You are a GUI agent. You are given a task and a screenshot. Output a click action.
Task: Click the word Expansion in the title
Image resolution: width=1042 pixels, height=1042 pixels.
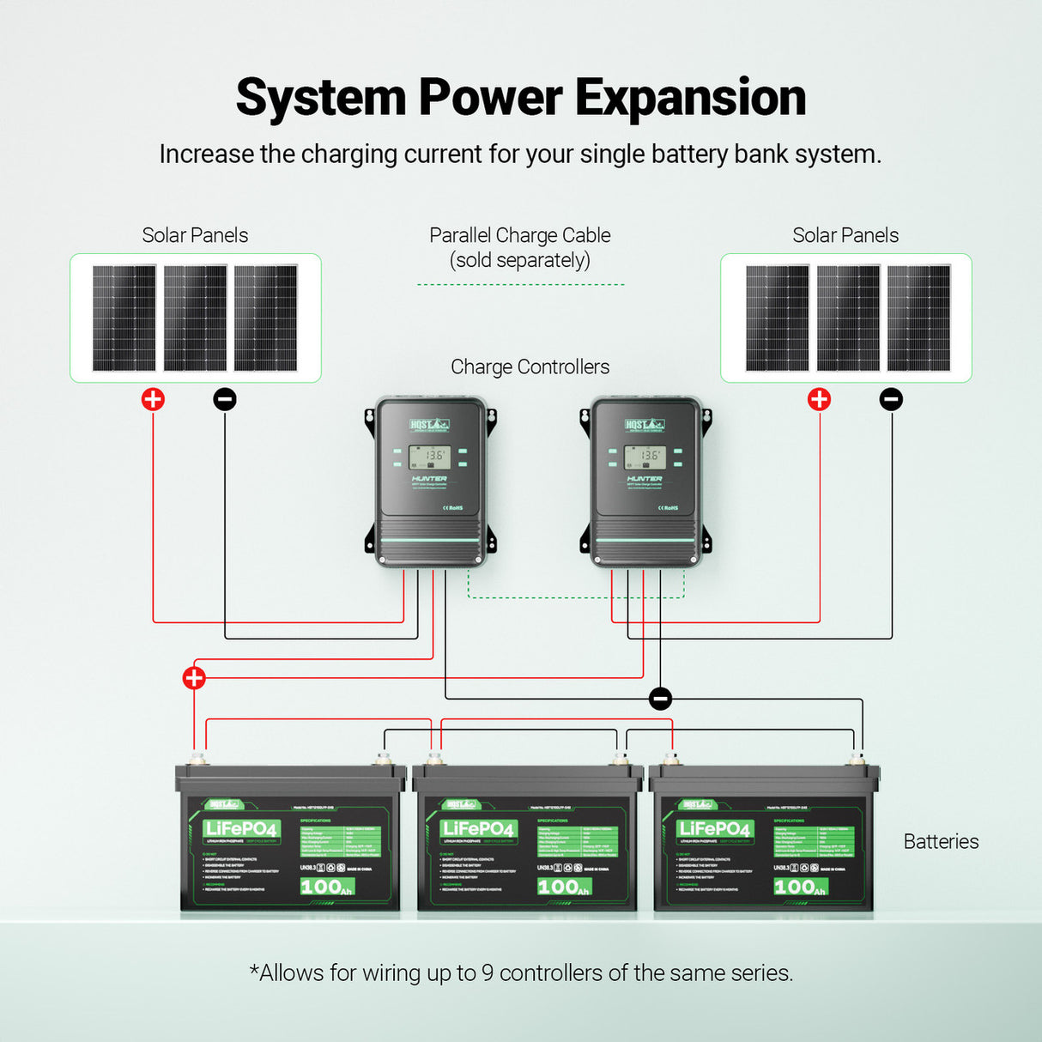click(x=690, y=98)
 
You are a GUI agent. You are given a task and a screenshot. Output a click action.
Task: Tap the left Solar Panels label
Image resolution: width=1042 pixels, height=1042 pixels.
click(x=195, y=235)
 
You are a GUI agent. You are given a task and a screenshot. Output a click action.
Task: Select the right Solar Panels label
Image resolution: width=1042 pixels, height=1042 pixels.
click(x=845, y=235)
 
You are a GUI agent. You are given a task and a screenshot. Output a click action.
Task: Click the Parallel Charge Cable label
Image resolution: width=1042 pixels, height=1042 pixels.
click(x=520, y=247)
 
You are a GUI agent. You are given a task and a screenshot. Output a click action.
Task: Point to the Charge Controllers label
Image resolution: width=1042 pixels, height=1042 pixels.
click(x=530, y=367)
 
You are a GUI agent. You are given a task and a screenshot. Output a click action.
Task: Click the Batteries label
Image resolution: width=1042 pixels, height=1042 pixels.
click(x=941, y=842)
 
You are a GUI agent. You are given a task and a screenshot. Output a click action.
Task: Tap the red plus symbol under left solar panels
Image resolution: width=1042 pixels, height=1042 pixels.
click(x=153, y=399)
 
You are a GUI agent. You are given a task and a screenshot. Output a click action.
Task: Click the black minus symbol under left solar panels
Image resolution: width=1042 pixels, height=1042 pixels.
click(x=225, y=399)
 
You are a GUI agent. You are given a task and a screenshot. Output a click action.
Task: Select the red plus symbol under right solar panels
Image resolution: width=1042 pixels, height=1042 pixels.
click(x=820, y=399)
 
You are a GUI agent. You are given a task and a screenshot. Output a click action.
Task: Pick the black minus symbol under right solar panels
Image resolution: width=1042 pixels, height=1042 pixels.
click(x=892, y=399)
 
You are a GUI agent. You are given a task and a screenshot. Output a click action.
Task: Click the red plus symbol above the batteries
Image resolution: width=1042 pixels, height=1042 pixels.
click(x=194, y=678)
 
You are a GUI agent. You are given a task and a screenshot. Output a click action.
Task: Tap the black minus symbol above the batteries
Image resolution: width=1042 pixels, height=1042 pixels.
click(x=660, y=699)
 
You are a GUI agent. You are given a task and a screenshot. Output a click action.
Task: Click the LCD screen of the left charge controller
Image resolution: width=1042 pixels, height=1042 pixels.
click(x=428, y=457)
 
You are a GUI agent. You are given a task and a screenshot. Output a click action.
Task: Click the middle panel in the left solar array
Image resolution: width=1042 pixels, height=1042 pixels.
click(x=196, y=318)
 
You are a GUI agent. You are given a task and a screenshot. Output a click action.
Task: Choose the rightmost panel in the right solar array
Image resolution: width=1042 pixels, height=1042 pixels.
click(x=919, y=318)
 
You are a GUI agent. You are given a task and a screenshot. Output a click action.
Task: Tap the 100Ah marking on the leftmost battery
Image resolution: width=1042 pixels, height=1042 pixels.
click(x=326, y=887)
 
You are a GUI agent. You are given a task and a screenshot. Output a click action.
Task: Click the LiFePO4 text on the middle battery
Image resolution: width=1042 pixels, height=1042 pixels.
click(x=477, y=829)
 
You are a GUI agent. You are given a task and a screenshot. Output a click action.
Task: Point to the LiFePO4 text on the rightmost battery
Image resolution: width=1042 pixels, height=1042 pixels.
click(x=713, y=829)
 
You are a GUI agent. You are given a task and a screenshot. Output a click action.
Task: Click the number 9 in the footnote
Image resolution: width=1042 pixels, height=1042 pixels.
click(x=488, y=973)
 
